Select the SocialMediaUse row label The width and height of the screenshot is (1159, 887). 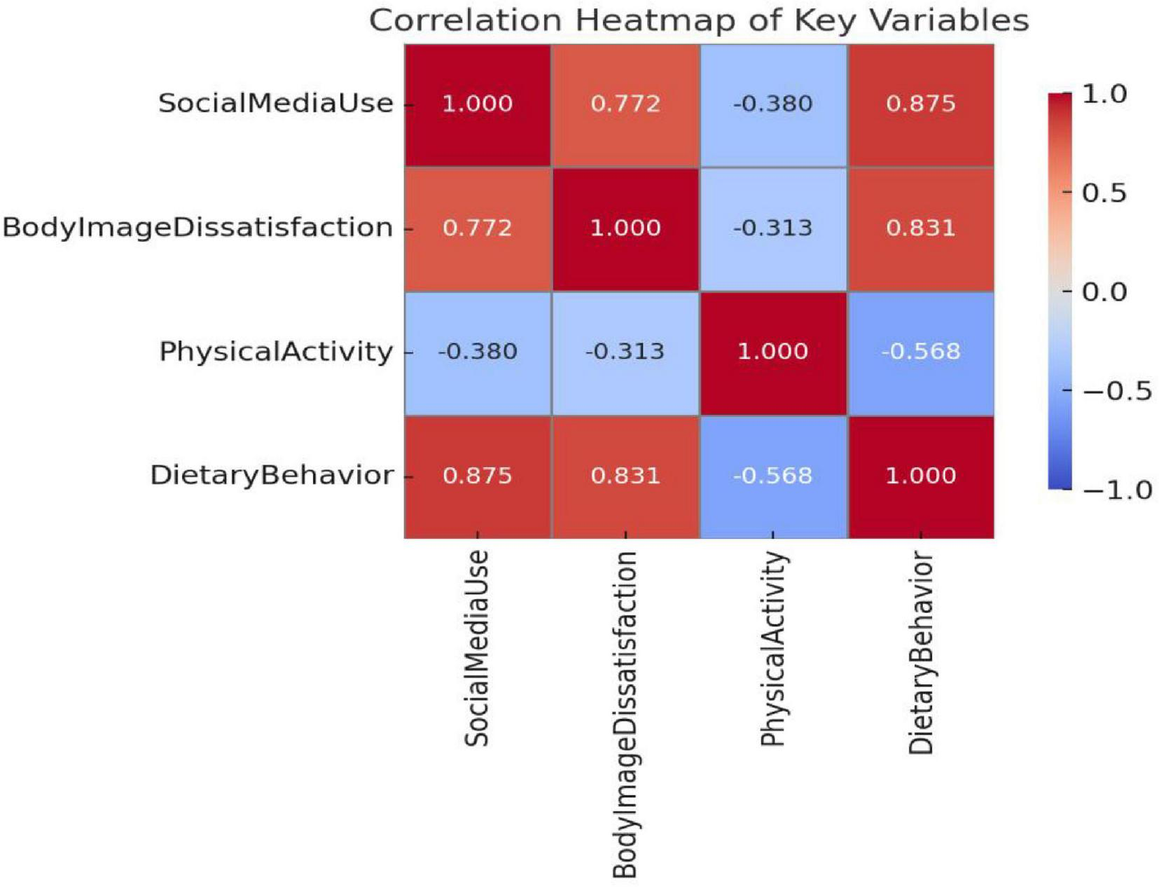tap(275, 104)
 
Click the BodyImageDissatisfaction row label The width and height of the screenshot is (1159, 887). tap(197, 228)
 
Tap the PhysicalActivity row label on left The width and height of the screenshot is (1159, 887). tap(276, 352)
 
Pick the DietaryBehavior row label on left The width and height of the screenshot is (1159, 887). tap(272, 476)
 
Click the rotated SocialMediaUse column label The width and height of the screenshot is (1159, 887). tap(477, 648)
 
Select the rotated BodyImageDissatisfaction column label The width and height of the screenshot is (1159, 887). tap(625, 714)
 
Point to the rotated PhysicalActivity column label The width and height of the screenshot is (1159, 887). tap(773, 649)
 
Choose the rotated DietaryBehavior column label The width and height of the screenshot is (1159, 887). tap(921, 652)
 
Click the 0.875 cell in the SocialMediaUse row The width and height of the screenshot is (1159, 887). tap(920, 104)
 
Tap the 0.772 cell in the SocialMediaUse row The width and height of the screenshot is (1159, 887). tap(625, 104)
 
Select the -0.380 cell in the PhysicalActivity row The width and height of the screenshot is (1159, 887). tap(478, 352)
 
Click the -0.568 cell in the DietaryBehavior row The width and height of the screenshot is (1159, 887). tap(772, 476)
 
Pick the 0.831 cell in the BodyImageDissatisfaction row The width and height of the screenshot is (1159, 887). tap(920, 228)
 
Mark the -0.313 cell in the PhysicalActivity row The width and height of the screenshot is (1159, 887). tap(625, 352)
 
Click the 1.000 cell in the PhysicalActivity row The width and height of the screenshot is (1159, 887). tap(772, 352)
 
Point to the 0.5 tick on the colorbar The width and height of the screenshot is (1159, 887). tap(1104, 193)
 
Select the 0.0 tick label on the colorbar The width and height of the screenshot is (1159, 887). tap(1104, 291)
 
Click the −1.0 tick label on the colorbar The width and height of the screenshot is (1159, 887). tap(1116, 490)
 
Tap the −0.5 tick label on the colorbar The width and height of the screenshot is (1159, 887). tap(1116, 391)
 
